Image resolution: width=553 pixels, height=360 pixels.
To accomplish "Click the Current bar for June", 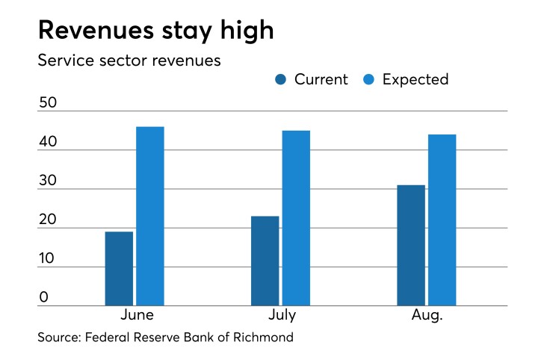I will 119,268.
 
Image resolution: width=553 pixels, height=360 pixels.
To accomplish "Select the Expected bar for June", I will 149,216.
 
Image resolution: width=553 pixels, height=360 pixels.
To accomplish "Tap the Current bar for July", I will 265,261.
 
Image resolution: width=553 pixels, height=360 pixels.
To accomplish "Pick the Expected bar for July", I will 296,217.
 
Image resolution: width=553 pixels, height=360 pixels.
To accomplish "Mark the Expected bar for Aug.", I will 442,220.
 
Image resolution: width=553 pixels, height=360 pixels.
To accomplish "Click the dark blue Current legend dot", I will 280,80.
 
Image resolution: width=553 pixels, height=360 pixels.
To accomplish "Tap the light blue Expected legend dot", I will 368,80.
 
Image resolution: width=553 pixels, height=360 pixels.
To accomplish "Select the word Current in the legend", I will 321,80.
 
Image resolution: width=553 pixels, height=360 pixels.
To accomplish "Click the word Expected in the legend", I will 415,80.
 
